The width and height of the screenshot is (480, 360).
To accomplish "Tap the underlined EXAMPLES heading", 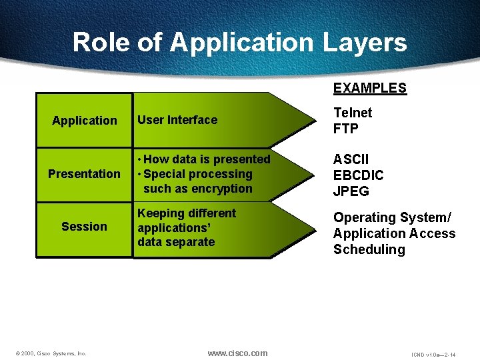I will (x=369, y=88).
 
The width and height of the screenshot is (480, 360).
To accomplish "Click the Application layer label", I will (x=85, y=121).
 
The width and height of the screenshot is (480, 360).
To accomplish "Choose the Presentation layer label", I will (x=85, y=174).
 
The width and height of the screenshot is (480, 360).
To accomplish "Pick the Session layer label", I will (x=84, y=227).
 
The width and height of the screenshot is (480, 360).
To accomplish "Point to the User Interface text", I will (x=177, y=120).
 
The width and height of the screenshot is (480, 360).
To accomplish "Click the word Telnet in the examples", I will (x=353, y=113).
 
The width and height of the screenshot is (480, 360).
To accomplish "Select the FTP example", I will (x=346, y=129).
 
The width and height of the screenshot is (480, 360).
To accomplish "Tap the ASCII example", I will (x=351, y=160).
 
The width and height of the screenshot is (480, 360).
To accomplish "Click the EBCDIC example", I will (x=359, y=176).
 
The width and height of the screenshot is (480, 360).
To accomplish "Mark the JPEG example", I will (x=351, y=192).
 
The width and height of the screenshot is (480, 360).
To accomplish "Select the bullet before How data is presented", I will (x=139, y=160).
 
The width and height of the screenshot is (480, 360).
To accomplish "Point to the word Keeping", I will (x=160, y=213).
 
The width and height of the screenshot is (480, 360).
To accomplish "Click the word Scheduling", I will (x=369, y=250).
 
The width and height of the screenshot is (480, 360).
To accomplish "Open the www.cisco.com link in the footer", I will (x=237, y=353).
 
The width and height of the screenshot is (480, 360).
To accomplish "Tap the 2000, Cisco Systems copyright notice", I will (x=51, y=353).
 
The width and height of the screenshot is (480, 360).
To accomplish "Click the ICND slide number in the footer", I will (x=433, y=354).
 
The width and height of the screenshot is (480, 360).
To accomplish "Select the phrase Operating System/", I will (x=392, y=218).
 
